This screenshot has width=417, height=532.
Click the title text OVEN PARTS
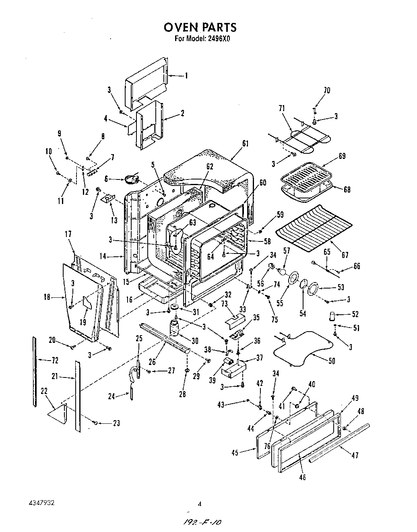(x=200, y=27)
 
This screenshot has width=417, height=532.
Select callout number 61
(x=246, y=144)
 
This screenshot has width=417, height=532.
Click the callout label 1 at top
(x=186, y=75)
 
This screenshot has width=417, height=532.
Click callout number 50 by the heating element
(x=332, y=361)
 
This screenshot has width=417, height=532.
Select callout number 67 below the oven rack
(x=345, y=255)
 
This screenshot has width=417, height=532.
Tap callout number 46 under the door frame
(x=303, y=477)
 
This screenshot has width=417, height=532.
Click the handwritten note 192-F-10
(x=202, y=522)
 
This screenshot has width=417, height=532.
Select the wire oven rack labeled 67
(x=314, y=227)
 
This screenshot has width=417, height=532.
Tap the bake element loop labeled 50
(x=302, y=346)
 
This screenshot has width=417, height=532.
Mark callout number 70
(x=327, y=91)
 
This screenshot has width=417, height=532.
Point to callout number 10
(x=48, y=152)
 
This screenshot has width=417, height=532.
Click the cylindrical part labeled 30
(x=175, y=327)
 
